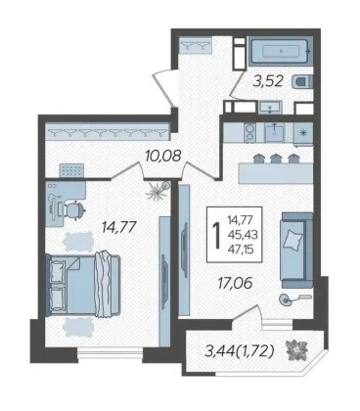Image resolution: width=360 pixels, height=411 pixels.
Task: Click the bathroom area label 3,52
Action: [x=268, y=81]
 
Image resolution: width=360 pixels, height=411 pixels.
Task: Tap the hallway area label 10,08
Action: [x=163, y=156]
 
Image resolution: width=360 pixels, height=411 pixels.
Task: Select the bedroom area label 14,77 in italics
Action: [x=118, y=227]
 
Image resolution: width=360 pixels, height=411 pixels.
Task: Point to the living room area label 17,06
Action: [x=235, y=283]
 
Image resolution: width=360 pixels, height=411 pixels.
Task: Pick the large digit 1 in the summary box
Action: [x=216, y=235]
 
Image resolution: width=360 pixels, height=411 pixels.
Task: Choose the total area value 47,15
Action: [x=242, y=250]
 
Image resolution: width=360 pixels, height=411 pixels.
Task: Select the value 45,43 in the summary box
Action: [x=243, y=235]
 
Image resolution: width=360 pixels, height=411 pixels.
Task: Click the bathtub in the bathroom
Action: [x=281, y=51]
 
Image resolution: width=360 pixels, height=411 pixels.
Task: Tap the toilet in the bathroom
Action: [x=302, y=82]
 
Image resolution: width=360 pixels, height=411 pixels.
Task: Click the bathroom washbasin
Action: [x=270, y=108]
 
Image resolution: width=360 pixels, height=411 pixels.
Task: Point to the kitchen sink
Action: [x=275, y=133]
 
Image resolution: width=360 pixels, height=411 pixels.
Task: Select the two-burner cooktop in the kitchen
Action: [x=250, y=133]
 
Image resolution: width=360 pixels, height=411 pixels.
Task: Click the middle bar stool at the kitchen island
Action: [x=276, y=159]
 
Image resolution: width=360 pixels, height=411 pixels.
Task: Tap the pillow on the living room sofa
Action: [x=292, y=241]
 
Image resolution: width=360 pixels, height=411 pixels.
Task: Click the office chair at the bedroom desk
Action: [x=74, y=209]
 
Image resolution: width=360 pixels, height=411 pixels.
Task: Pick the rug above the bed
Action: [x=78, y=242]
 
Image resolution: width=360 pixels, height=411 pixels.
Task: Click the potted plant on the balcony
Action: [x=296, y=350]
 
